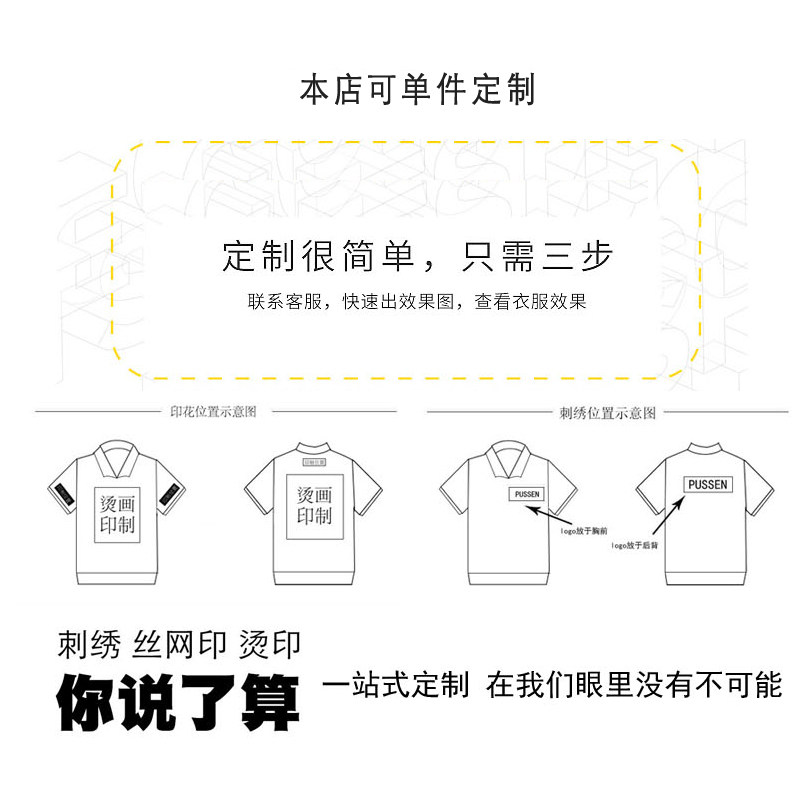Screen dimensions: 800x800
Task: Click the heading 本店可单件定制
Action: point(418,90)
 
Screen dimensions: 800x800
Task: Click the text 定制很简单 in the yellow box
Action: point(317,256)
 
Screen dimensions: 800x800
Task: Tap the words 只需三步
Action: point(537,256)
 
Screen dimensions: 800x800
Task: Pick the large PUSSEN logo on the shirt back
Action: point(708,484)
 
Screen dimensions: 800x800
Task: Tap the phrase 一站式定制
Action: point(396,686)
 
